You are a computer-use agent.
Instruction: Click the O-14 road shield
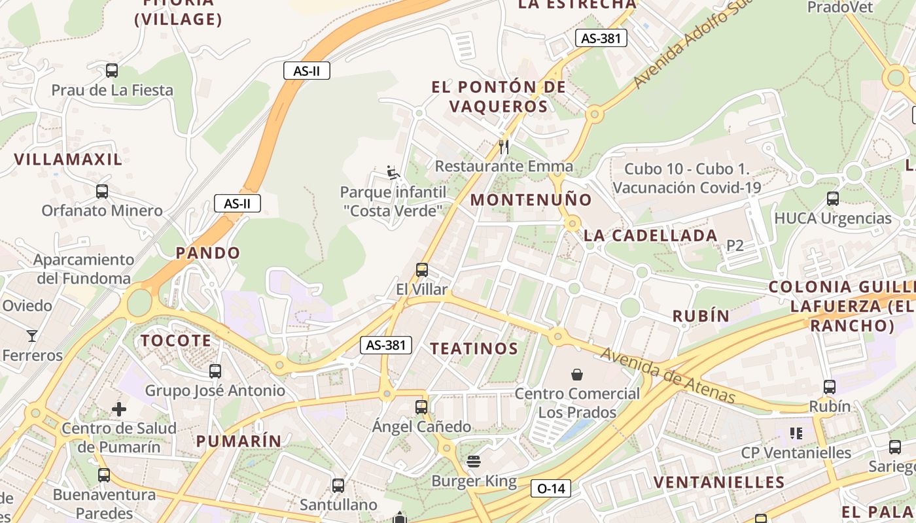pyautogui.click(x=551, y=488)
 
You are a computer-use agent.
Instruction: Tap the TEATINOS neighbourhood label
pyautogui.click(x=474, y=348)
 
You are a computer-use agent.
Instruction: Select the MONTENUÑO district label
pyautogui.click(x=531, y=200)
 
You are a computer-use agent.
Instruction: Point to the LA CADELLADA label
pyautogui.click(x=650, y=236)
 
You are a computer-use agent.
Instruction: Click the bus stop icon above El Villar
pyautogui.click(x=422, y=269)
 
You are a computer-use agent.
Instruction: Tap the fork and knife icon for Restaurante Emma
pyautogui.click(x=504, y=146)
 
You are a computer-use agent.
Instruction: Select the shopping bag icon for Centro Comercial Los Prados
pyautogui.click(x=577, y=375)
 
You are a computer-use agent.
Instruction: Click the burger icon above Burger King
pyautogui.click(x=474, y=462)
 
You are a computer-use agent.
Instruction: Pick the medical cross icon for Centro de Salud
pyautogui.click(x=119, y=410)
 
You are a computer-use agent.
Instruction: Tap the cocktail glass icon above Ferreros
pyautogui.click(x=31, y=336)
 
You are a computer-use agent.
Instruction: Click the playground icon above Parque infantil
pyautogui.click(x=393, y=173)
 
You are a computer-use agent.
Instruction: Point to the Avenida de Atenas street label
pyautogui.click(x=667, y=375)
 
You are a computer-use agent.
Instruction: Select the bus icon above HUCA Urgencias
pyautogui.click(x=833, y=199)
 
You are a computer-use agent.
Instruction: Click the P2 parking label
pyautogui.click(x=735, y=246)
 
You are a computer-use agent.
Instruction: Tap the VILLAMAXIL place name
pyautogui.click(x=68, y=159)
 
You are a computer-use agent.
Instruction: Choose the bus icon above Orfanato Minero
pyautogui.click(x=102, y=192)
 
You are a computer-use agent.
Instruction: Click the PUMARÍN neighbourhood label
pyautogui.click(x=239, y=441)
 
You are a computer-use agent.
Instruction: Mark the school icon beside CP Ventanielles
pyautogui.click(x=796, y=433)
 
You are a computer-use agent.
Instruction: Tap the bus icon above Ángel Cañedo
pyautogui.click(x=421, y=407)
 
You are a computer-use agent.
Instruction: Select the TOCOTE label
pyautogui.click(x=176, y=341)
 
